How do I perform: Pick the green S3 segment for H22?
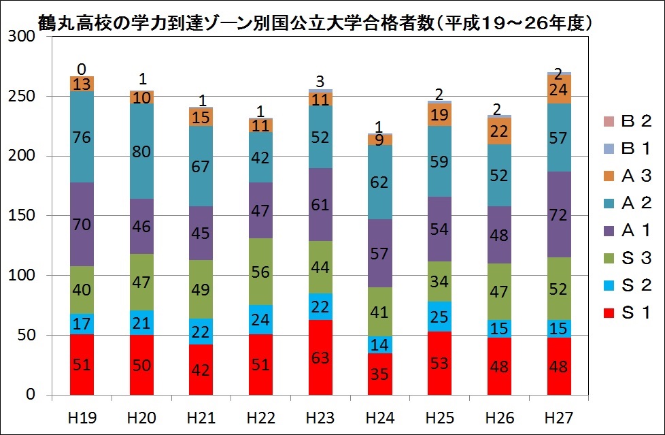pyautogui.click(x=260, y=272)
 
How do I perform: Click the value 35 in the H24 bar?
pyautogui.click(x=379, y=374)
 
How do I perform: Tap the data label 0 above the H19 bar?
pyautogui.click(x=82, y=69)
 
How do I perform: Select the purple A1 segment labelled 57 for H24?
pyautogui.click(x=379, y=253)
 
